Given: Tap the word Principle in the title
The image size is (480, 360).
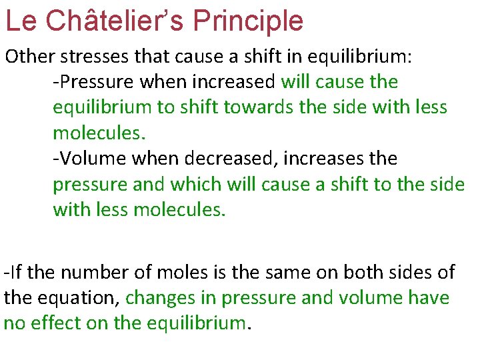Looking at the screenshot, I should coord(248,21).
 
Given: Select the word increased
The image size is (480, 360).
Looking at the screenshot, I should coord(233,82).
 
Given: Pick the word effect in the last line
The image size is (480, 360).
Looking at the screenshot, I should coord(53,323).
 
